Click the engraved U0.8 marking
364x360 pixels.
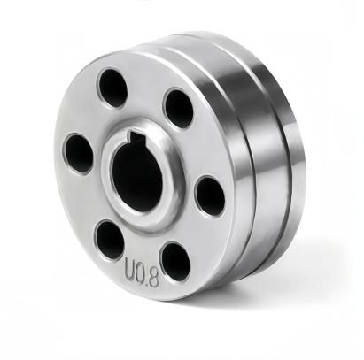pyautogui.click(x=142, y=264)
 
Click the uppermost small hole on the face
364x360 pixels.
pyautogui.click(x=112, y=88)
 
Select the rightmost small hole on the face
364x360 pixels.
pyautogui.click(x=209, y=195)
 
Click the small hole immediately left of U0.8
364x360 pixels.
pyautogui.click(x=110, y=240)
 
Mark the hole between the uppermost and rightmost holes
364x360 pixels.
pyautogui.click(x=179, y=109)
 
